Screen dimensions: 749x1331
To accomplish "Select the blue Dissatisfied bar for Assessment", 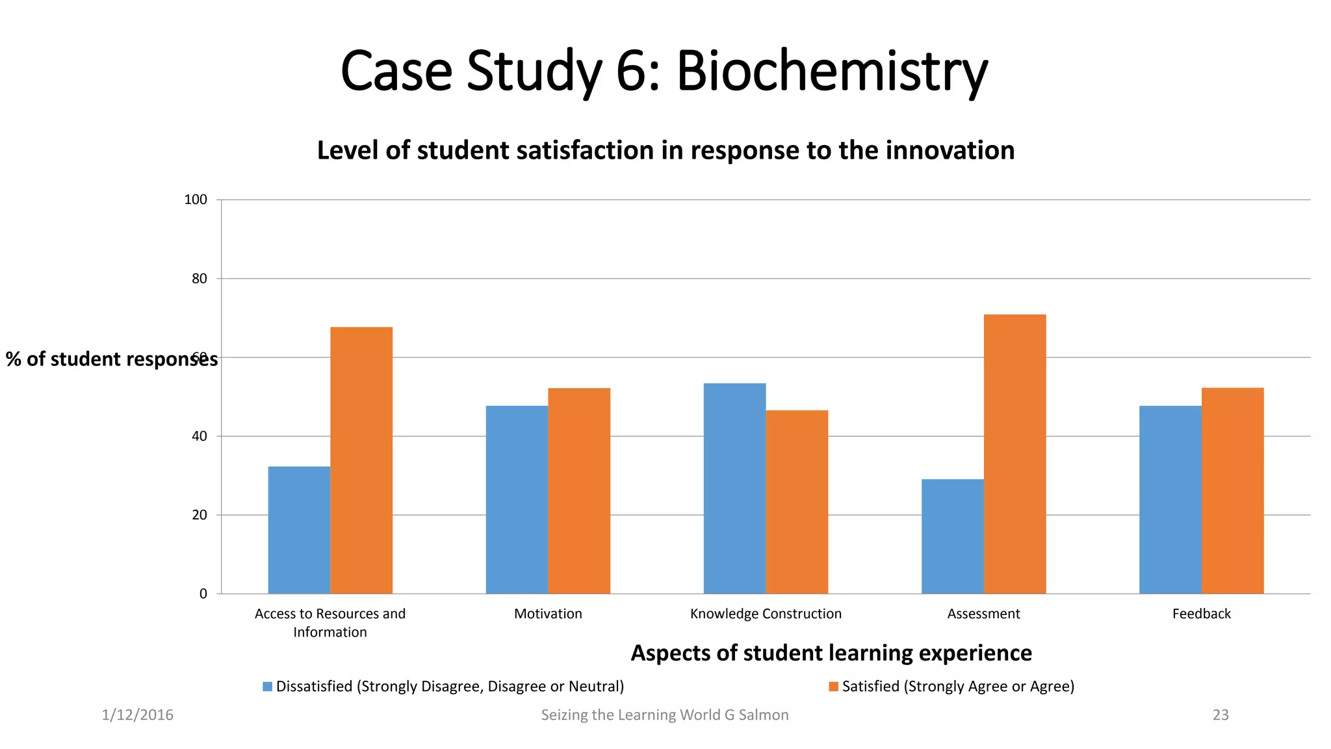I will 952,536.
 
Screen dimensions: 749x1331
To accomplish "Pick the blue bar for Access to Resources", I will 299,530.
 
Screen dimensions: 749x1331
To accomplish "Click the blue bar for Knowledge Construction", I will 734,488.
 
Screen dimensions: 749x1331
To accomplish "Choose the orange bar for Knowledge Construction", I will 797,502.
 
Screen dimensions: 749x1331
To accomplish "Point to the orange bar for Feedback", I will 1232,491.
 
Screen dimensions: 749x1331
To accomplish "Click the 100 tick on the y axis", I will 196,200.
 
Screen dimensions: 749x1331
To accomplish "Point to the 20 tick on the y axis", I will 199,515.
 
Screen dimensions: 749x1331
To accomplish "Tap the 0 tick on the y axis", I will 203,594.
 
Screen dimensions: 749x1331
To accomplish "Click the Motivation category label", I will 548,614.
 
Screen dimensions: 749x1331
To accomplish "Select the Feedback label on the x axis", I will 1201,614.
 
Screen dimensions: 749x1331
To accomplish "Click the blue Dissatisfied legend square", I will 267,687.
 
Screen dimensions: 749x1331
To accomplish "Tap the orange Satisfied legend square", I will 833,687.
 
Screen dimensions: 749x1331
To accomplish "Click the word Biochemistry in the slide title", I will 832,72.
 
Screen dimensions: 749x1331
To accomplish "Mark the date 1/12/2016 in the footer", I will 137,715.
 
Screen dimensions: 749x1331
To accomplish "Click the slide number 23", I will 1221,715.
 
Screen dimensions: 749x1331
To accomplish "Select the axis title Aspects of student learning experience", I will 831,653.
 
